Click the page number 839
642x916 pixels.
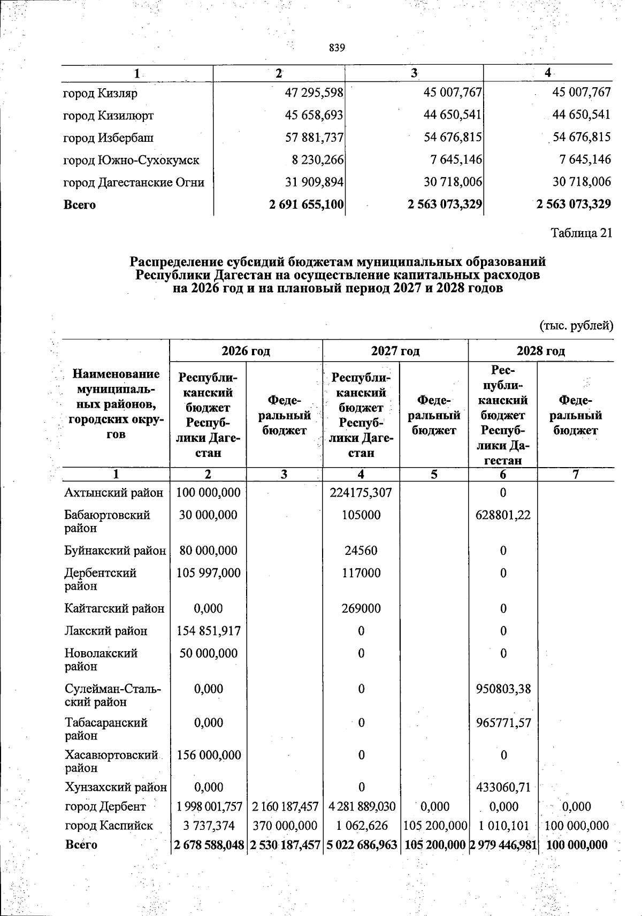pos(337,48)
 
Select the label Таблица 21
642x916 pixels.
pos(581,233)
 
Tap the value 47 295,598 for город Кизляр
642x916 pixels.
pos(314,93)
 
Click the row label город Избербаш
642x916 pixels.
pos(109,138)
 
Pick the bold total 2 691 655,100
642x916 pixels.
pos(307,204)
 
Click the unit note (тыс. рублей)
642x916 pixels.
pos(576,325)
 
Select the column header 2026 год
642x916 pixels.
pos(246,351)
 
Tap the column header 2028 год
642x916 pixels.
pos(540,351)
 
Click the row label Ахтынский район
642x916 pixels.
pos(113,492)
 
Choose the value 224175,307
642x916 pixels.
pos(361,492)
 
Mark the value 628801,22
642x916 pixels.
pos(503,515)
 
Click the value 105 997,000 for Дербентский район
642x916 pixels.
pos(208,573)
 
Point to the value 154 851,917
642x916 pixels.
pos(208,631)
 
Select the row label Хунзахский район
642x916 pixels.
pos(116,787)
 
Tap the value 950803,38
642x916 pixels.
pos(503,689)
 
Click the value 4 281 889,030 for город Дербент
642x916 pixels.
pos(361,806)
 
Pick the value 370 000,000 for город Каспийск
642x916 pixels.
pos(284,826)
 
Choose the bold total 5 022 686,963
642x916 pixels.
pos(361,845)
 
